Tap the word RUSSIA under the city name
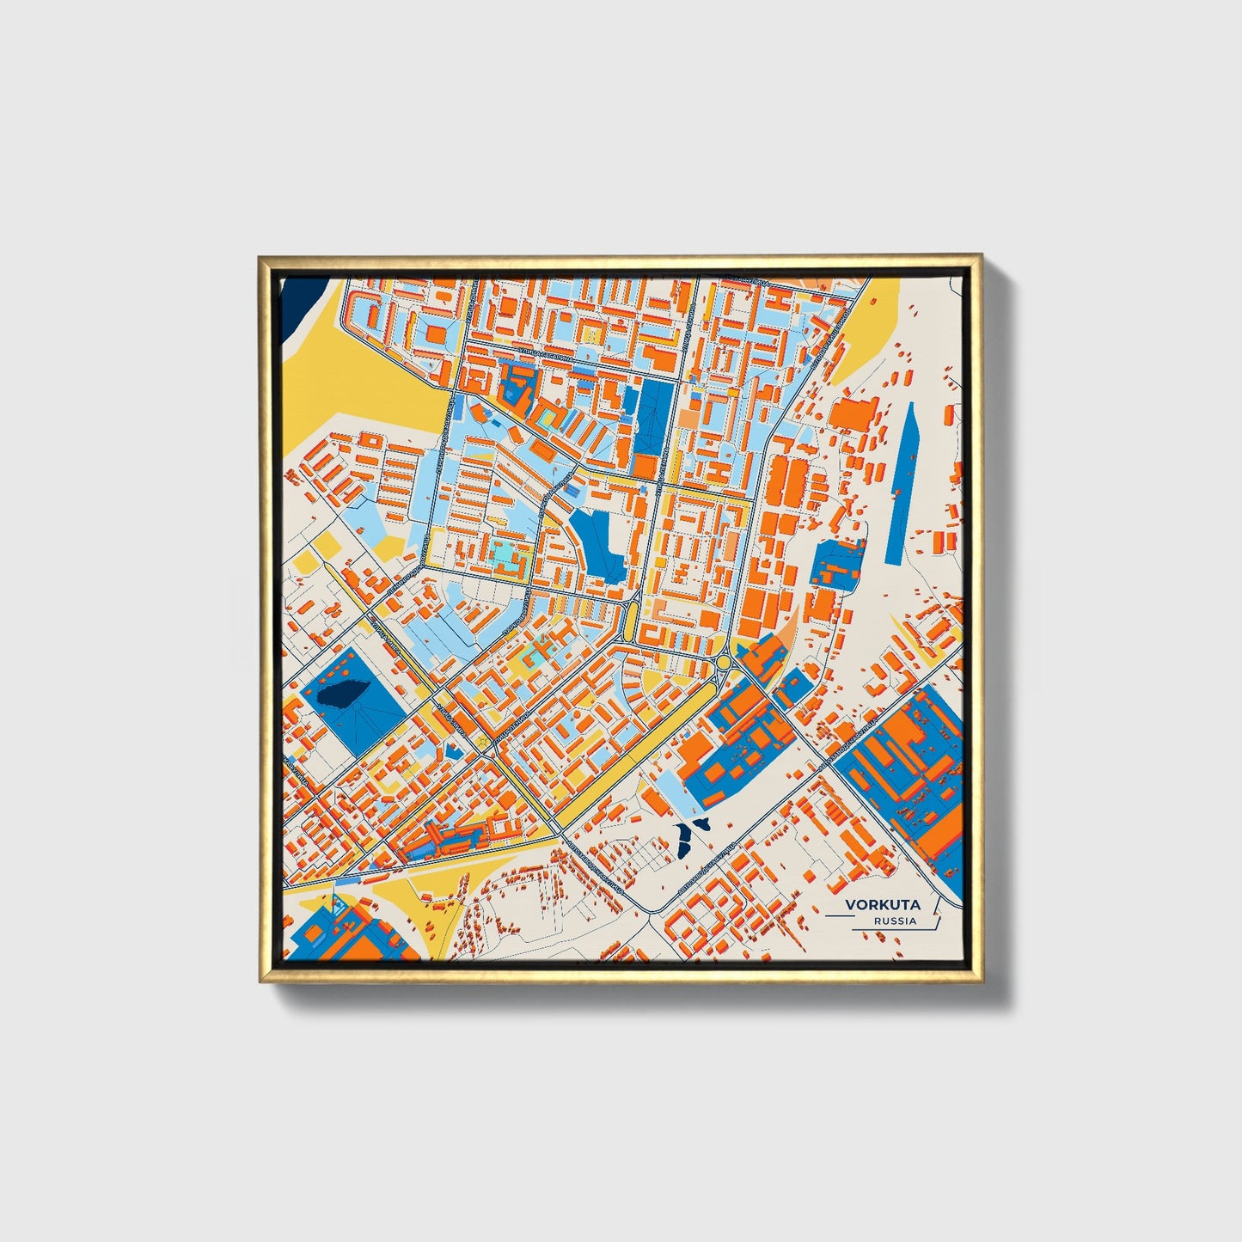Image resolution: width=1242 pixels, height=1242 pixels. click(895, 921)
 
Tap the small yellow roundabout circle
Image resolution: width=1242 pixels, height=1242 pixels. click(724, 662)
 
